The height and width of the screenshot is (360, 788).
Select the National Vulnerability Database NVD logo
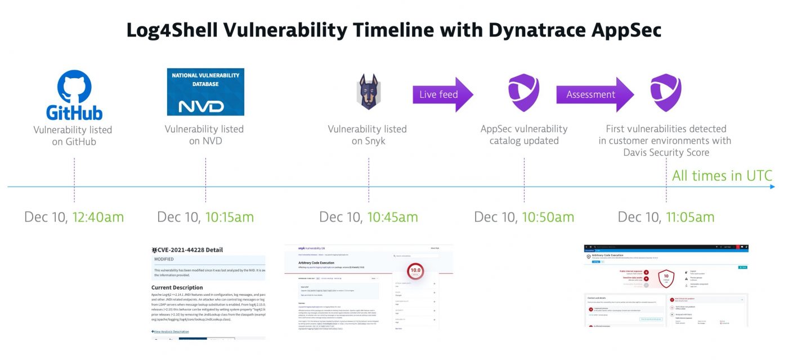point(205,92)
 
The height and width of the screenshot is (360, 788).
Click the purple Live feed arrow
point(442,94)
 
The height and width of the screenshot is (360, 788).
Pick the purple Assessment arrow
point(594,94)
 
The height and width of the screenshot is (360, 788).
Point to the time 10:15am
point(229,217)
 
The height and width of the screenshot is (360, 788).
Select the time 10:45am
point(392,217)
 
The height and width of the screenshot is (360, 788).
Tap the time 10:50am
point(548,217)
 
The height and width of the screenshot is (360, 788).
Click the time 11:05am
point(690,217)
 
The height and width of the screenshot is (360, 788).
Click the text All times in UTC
point(722,176)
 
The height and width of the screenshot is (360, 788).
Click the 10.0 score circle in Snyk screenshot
point(415,271)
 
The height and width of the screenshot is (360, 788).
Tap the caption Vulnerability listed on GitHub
point(73,136)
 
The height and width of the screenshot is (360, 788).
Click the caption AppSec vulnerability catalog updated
point(524,135)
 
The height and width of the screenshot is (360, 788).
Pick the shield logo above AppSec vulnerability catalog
point(524,92)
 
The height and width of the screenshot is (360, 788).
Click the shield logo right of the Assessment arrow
point(666,92)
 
